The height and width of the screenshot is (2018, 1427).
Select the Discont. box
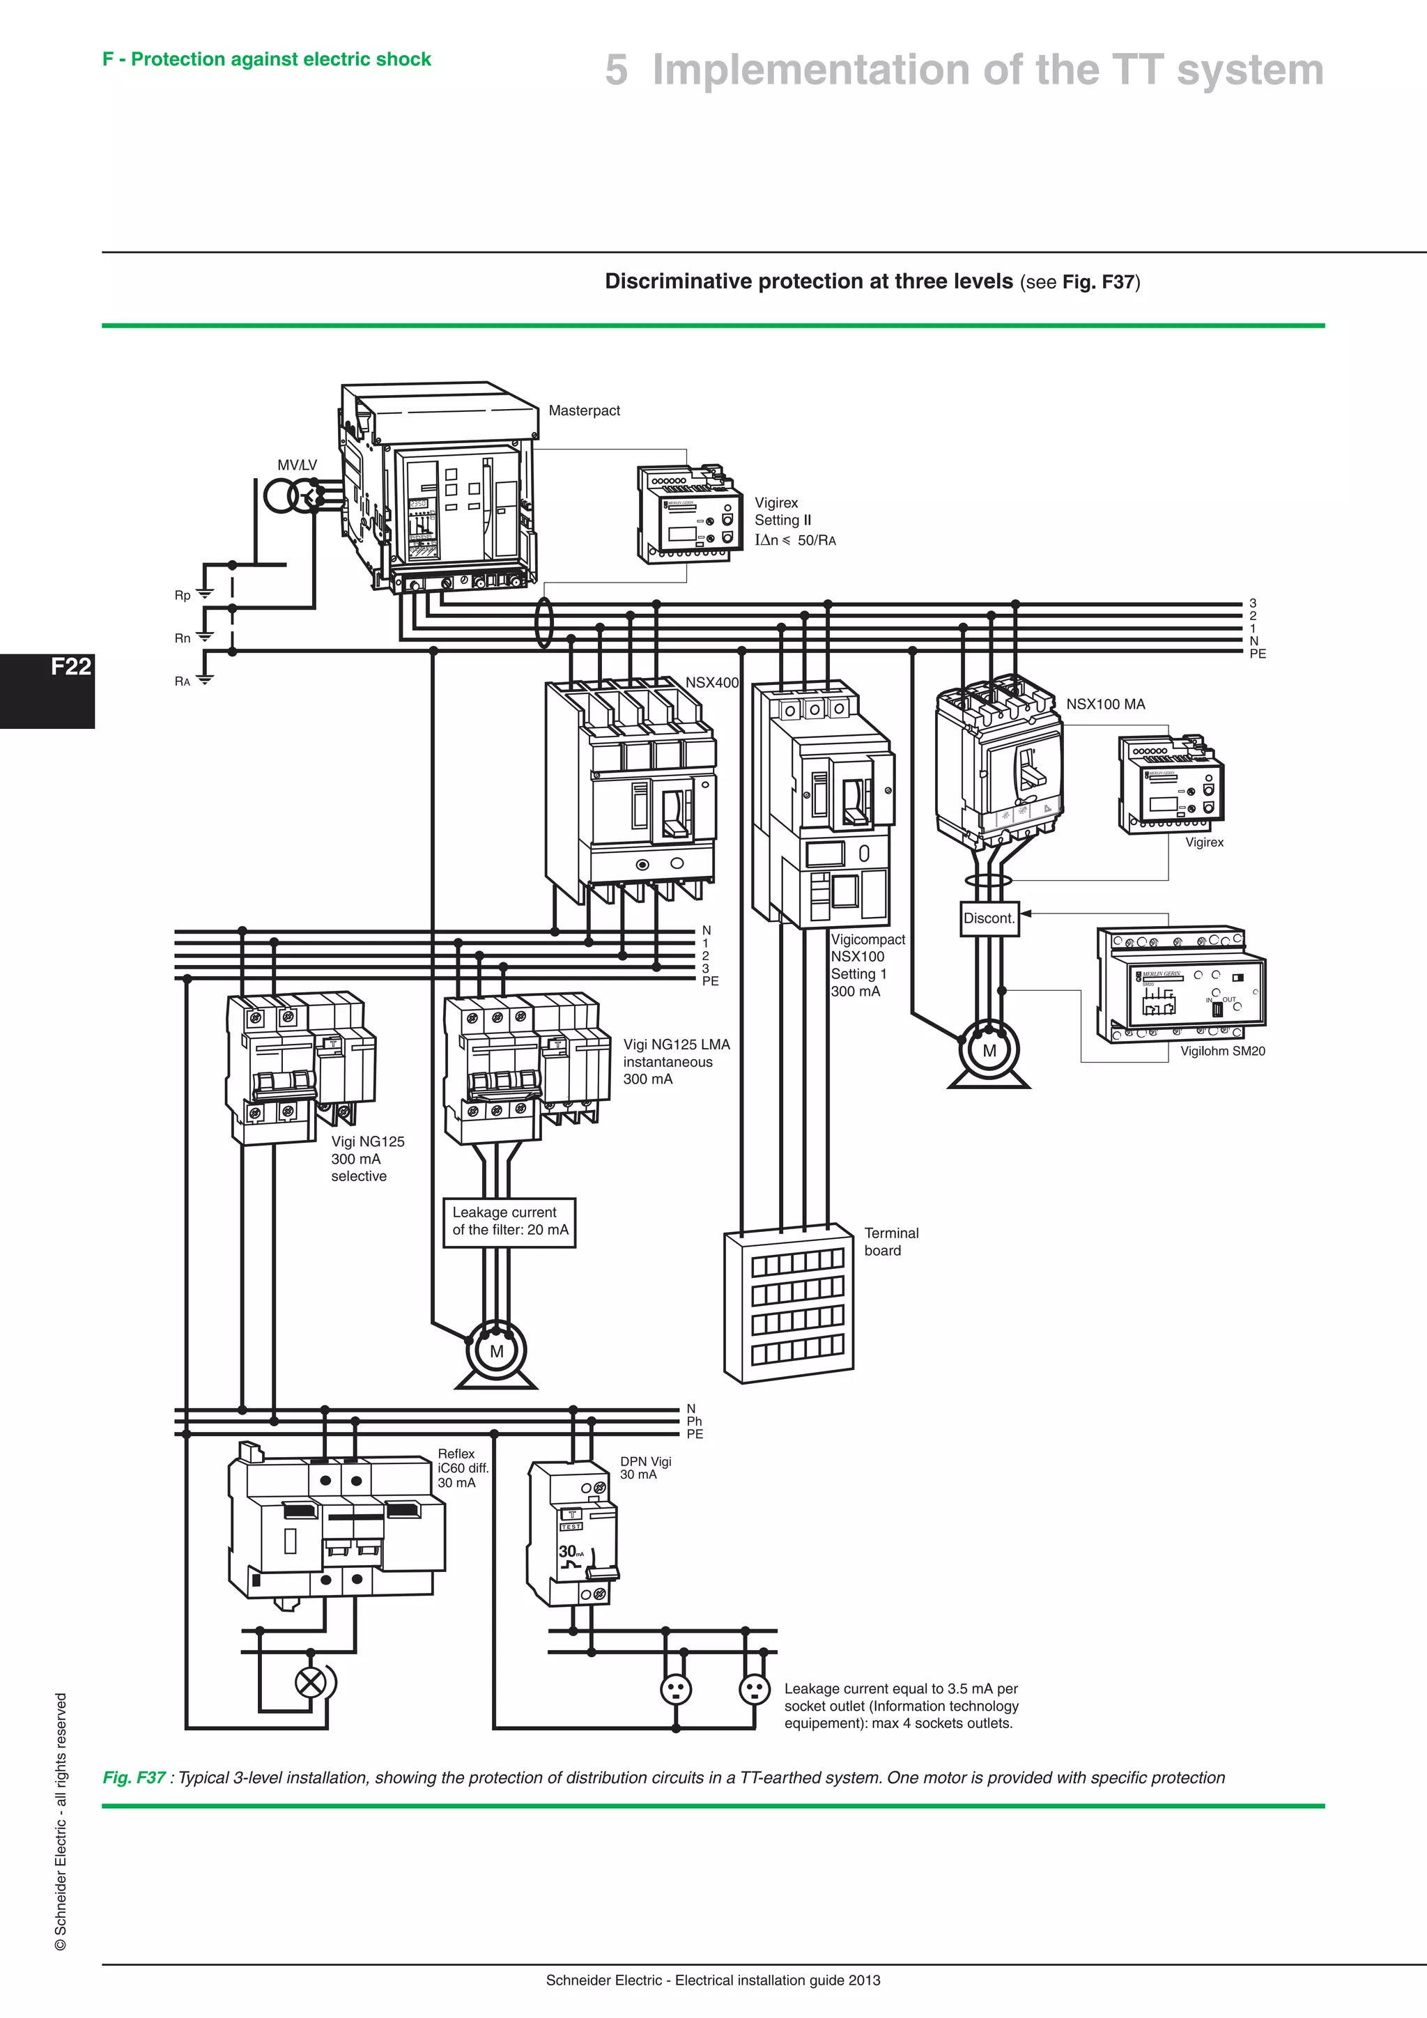pos(989,918)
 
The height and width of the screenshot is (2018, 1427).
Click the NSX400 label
pos(711,683)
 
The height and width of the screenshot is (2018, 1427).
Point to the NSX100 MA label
pos(1105,704)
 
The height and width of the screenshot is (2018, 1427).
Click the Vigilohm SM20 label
pos(1222,1052)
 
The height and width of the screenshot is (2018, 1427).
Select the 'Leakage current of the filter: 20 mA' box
pos(509,1222)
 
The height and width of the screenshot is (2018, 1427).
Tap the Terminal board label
pos(891,1242)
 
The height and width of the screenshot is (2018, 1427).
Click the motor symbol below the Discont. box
pos(989,1050)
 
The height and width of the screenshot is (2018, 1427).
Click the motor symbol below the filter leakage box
pos(497,1352)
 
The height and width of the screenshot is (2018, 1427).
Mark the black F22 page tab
pos(47,691)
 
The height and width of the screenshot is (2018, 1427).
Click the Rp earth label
pos(182,595)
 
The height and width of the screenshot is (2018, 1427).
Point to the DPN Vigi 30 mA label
pos(645,1468)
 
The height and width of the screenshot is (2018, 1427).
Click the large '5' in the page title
pos(616,70)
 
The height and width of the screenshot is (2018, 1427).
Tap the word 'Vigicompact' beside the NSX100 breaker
pos(867,939)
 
